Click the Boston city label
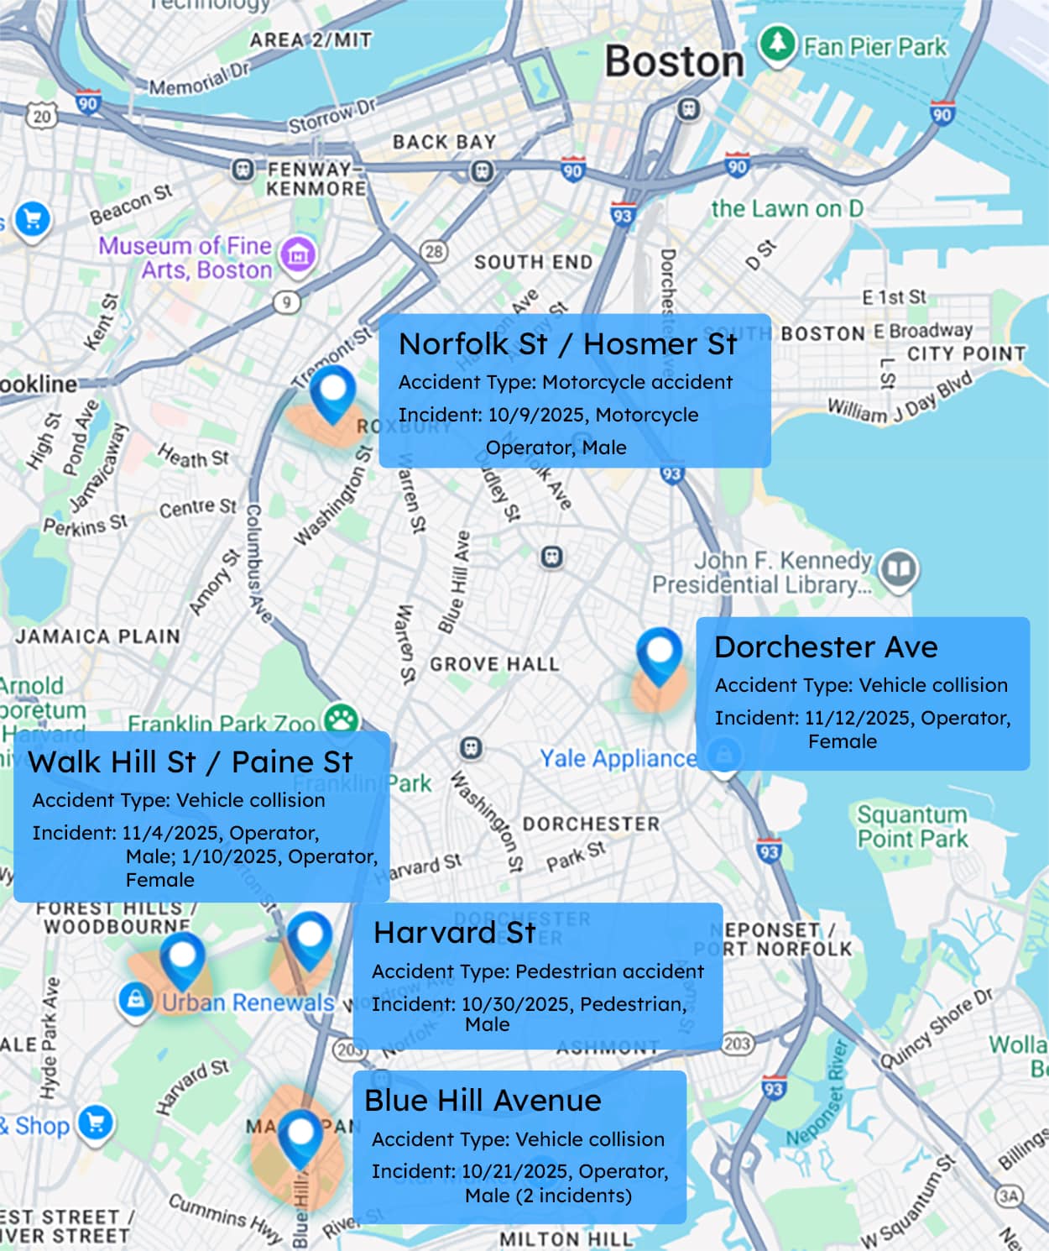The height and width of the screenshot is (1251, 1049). coord(674,61)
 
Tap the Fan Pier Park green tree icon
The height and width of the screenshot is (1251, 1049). coord(777,43)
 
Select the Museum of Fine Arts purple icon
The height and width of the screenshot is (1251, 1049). coord(298,254)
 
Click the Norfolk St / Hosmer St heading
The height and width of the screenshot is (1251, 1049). coord(567,343)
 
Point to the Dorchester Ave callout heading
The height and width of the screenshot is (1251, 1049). coord(826,646)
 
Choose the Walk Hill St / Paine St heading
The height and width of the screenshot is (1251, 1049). coord(190,762)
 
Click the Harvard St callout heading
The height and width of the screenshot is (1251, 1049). coord(454,932)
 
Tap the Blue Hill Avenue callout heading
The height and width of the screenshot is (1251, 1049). coord(483,1100)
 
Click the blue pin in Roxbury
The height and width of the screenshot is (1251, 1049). coord(332,393)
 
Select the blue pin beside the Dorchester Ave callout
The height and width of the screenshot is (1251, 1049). coord(659,656)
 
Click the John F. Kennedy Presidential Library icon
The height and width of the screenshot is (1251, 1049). coord(900,569)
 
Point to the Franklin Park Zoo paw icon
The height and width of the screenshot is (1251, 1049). coord(342,720)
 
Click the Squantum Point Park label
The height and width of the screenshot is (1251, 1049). coord(912,826)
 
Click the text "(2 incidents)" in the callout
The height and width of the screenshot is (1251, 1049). coord(585,1195)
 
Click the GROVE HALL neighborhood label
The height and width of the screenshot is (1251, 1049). coord(494,664)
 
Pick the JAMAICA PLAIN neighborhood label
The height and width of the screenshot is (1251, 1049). coord(97,636)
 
